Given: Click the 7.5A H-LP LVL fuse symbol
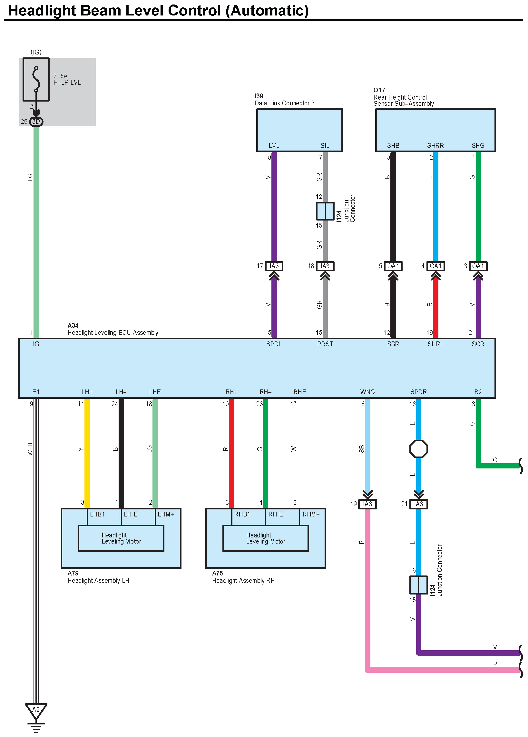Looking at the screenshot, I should pyautogui.click(x=36, y=79).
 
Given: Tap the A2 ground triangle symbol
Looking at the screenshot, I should pyautogui.click(x=36, y=711).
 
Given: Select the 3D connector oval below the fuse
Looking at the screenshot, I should pyautogui.click(x=36, y=121).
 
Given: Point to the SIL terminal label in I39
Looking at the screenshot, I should pyautogui.click(x=325, y=146).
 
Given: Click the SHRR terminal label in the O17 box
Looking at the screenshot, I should pyautogui.click(x=435, y=146).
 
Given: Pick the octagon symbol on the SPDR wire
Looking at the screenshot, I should pyautogui.click(x=419, y=449).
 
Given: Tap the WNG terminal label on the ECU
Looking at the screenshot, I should pyautogui.click(x=367, y=392).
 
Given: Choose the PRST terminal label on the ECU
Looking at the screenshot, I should pyautogui.click(x=325, y=344).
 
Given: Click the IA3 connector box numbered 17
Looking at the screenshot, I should pyautogui.click(x=274, y=266).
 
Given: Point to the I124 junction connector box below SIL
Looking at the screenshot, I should pyautogui.click(x=325, y=211).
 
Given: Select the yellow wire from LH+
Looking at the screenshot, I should pyautogui.click(x=87, y=452).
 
